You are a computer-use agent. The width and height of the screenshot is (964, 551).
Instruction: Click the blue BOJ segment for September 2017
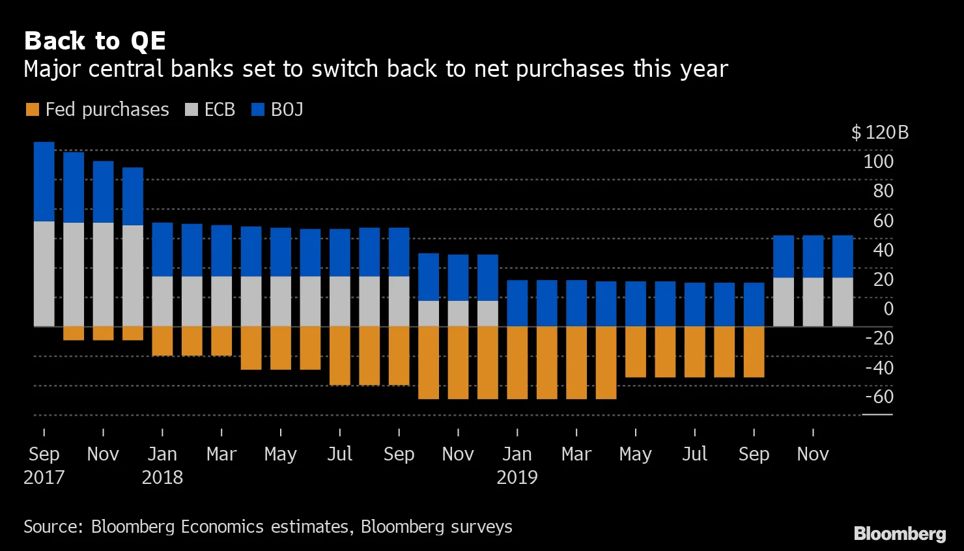coord(44,182)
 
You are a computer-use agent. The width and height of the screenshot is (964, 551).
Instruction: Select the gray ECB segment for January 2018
coord(162,301)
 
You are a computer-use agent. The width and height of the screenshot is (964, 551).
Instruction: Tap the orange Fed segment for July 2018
coord(340,356)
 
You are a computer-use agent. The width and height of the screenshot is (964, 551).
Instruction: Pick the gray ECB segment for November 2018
coord(458,313)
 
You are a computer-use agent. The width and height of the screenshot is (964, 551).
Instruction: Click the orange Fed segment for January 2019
coord(517,362)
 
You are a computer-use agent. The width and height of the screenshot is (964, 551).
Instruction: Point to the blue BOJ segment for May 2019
coord(636,304)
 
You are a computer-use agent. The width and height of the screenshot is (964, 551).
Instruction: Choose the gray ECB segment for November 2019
coord(813,302)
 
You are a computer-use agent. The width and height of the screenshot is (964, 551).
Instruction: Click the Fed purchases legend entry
coord(98,109)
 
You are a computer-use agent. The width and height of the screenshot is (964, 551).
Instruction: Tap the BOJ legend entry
coord(278,109)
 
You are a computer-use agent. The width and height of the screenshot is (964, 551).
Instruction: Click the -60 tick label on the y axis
coord(879,397)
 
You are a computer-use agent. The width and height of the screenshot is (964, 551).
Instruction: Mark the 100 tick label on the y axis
coord(878,162)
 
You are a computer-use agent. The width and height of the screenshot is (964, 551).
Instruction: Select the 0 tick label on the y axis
coord(888,309)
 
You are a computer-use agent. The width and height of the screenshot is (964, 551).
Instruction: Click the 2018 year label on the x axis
coord(162,477)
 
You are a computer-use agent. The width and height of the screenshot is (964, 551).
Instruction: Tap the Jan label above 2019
coord(517,454)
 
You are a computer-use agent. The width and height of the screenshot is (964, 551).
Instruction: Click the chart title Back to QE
coord(95,41)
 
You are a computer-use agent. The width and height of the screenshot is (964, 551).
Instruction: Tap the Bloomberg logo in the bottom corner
coord(900,534)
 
